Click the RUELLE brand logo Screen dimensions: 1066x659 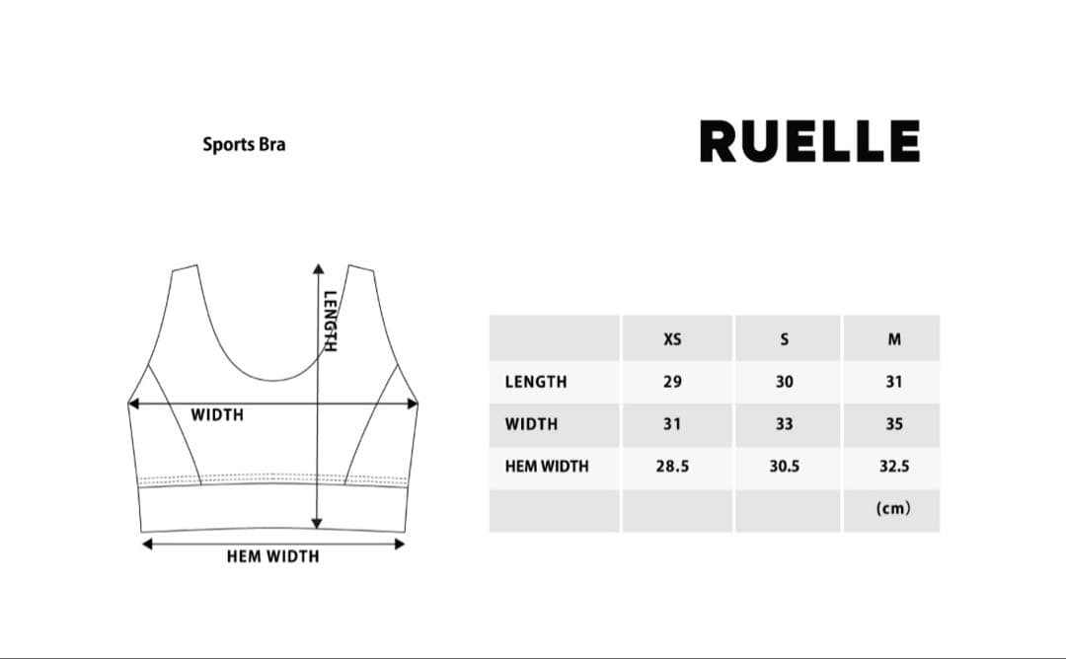[x=809, y=141]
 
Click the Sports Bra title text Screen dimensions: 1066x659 [x=244, y=145]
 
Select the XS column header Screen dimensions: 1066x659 [x=672, y=339]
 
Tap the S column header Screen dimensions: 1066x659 [x=785, y=339]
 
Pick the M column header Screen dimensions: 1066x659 [x=894, y=339]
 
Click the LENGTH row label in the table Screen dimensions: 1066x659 [x=536, y=382]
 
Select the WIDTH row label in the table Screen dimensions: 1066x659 [x=531, y=424]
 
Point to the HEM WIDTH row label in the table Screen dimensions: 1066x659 [x=547, y=466]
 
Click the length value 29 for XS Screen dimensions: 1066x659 [x=672, y=382]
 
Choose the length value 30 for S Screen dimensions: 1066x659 [x=785, y=382]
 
